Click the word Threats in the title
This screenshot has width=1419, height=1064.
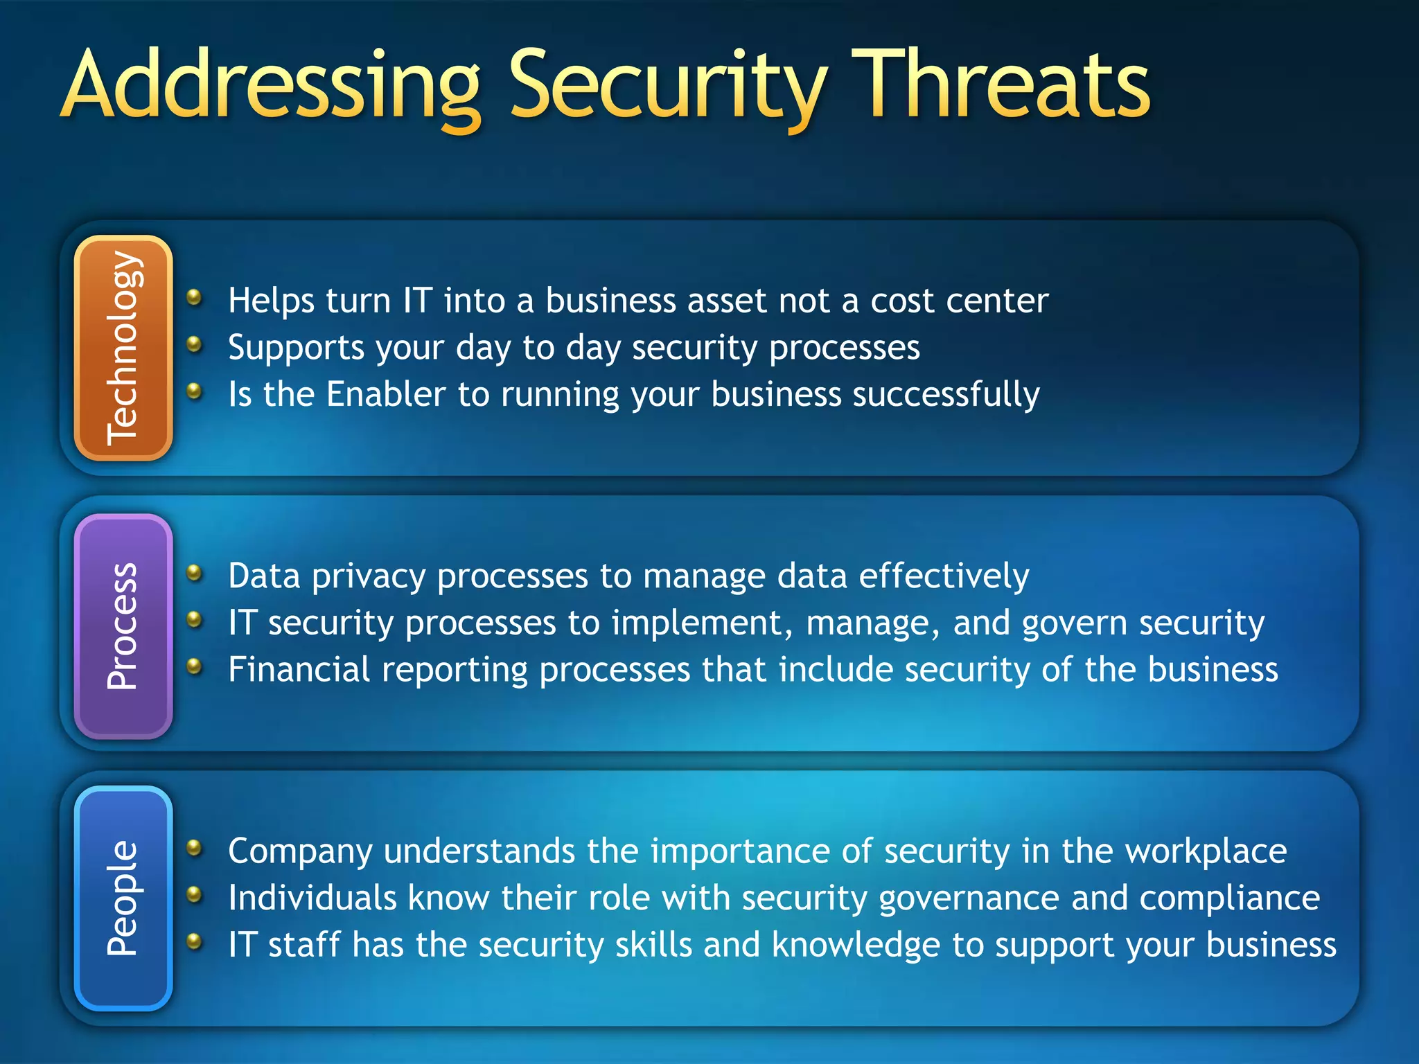tap(1001, 85)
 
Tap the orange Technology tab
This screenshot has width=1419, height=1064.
tap(123, 348)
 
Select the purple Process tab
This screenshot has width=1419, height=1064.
tap(123, 626)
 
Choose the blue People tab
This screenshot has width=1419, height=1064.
tap(123, 898)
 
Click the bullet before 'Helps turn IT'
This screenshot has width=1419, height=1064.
tap(195, 298)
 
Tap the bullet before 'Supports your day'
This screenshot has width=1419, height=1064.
tap(195, 344)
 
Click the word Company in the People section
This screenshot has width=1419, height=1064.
tap(300, 852)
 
